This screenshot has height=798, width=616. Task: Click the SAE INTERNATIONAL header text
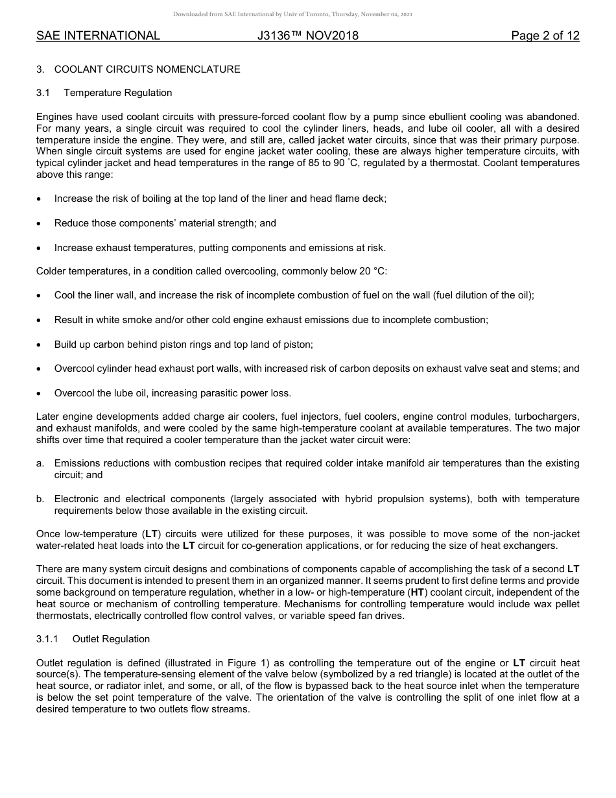point(98,36)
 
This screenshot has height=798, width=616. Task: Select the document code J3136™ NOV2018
point(308,36)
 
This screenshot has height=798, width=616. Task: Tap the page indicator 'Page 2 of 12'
point(545,36)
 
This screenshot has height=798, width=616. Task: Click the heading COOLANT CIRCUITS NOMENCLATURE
point(147,69)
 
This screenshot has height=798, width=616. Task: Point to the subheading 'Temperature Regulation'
point(118,93)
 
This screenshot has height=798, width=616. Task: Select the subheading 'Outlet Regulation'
point(111,639)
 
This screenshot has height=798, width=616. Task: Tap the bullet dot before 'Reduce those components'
point(40,224)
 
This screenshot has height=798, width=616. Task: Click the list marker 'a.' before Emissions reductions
point(40,463)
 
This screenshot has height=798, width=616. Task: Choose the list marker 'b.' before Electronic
point(40,499)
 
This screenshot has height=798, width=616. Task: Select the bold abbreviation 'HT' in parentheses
point(417,592)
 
